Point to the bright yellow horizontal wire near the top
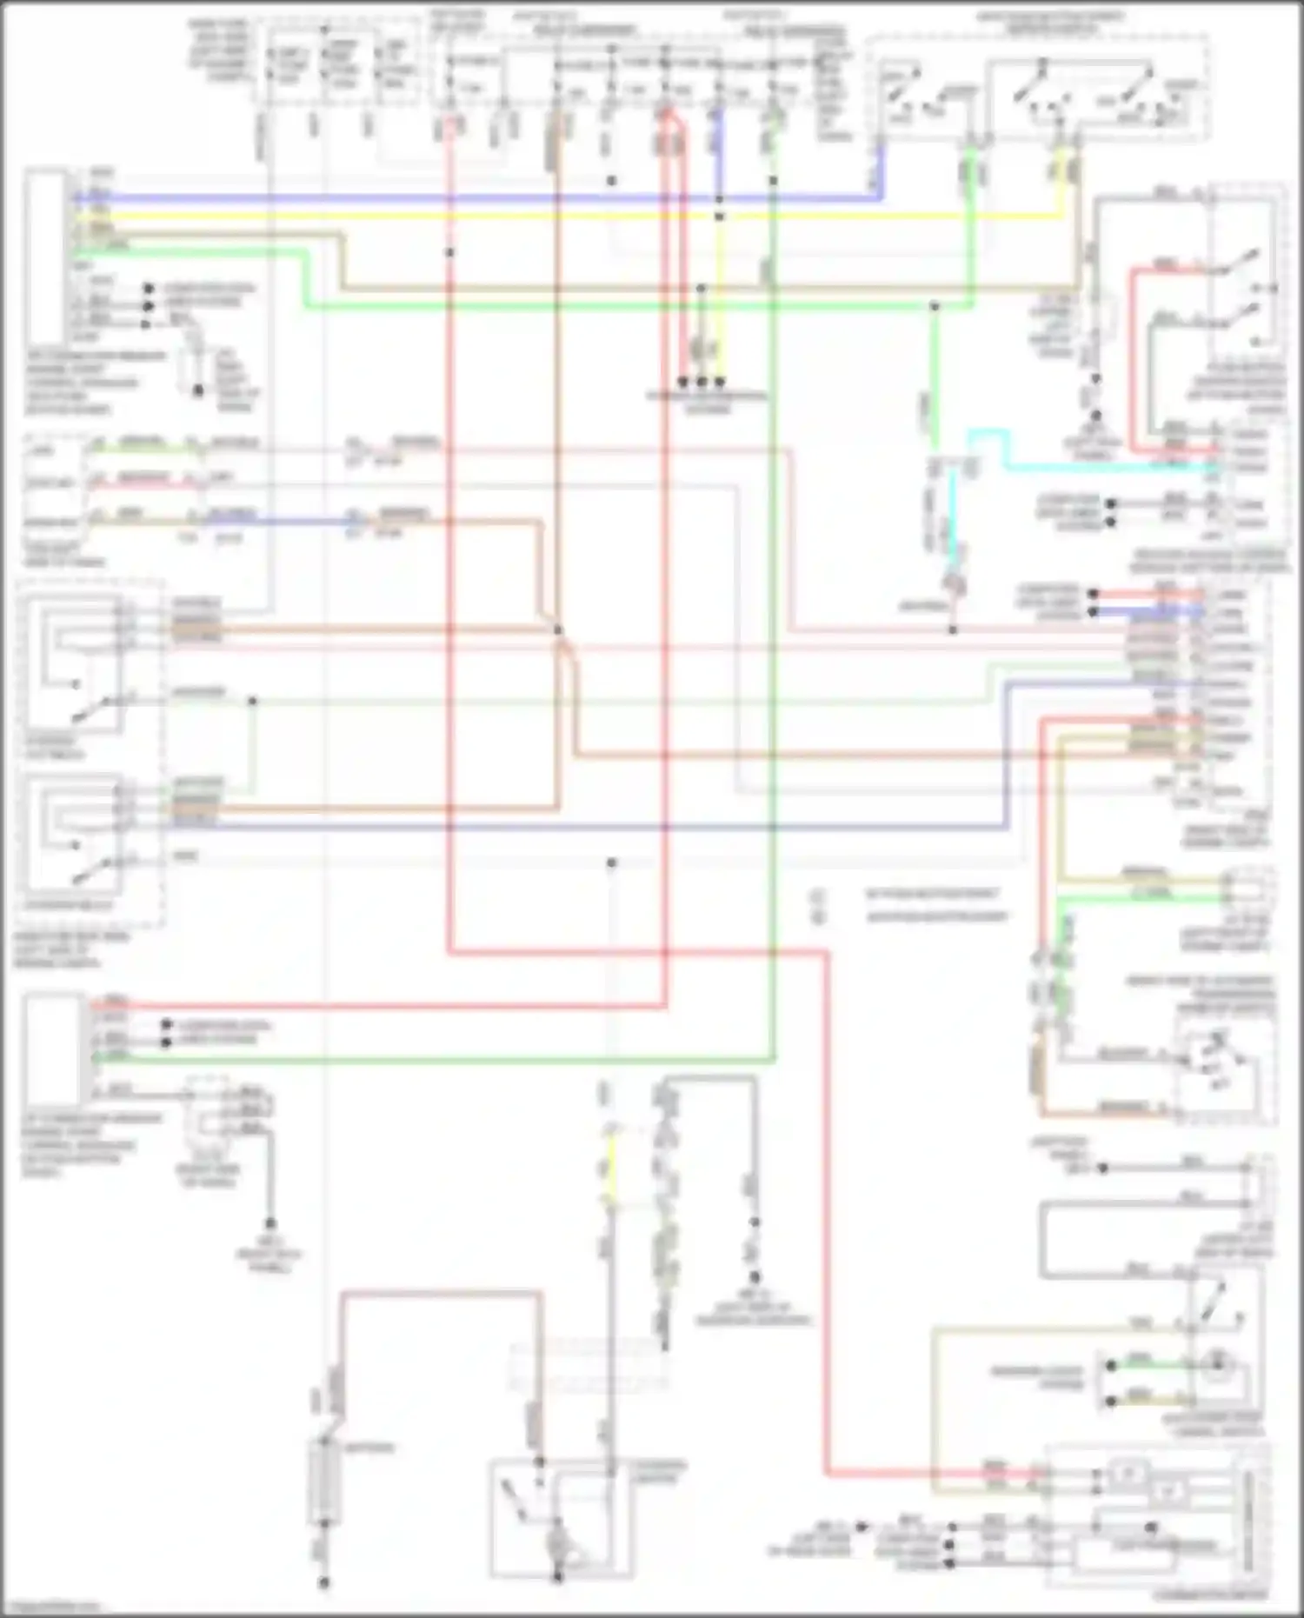click(565, 216)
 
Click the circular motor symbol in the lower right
click(1214, 1384)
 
